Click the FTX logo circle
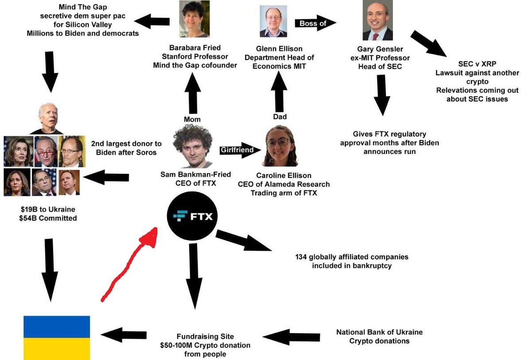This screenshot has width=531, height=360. click(192, 216)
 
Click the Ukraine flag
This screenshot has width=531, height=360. click(57, 338)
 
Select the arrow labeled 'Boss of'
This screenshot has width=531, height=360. click(315, 23)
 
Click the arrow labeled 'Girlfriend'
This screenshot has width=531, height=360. click(240, 150)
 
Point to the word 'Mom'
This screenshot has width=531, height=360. click(192, 119)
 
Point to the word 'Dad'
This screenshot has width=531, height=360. click(280, 117)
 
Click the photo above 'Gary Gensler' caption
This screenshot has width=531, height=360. click(377, 20)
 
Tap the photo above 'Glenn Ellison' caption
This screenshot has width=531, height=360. click(273, 21)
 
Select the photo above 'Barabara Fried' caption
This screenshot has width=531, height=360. click(194, 19)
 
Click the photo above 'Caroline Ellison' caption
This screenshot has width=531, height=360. click(280, 146)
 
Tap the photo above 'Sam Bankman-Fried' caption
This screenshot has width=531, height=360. click(193, 146)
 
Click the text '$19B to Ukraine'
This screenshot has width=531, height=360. click(48, 209)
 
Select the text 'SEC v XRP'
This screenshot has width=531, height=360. click(477, 64)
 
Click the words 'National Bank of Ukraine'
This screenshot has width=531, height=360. click(379, 332)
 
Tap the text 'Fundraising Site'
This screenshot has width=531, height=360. click(205, 336)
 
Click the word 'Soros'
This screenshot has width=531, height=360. click(146, 153)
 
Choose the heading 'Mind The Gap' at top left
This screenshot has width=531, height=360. click(83, 7)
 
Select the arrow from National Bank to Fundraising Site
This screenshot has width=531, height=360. click(291, 337)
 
